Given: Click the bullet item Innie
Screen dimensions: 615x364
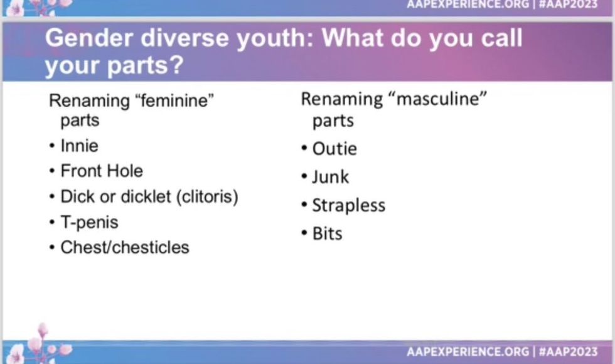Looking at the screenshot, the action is coord(79,146).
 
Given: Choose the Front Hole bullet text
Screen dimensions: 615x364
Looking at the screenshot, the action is coord(102,171).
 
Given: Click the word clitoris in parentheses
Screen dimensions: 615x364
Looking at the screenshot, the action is coord(207,196).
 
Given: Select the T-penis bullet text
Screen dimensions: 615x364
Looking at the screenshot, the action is coord(89,222).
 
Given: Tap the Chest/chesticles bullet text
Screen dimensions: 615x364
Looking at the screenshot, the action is coord(125,247).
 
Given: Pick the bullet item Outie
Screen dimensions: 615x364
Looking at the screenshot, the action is coord(334,149).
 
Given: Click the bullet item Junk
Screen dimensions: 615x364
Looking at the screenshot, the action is coord(330,177).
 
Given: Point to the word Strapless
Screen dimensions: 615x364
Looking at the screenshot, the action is coord(349,206).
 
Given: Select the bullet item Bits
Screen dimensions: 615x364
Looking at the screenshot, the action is coord(327,233).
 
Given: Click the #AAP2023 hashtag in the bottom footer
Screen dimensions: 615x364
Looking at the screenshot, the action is coord(569,351).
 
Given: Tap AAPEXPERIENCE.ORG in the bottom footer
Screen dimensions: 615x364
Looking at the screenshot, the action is coord(468,351).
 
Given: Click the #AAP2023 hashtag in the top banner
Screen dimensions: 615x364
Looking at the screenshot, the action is coord(569,4).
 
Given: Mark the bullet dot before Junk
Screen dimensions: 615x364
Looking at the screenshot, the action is coord(304,176).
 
